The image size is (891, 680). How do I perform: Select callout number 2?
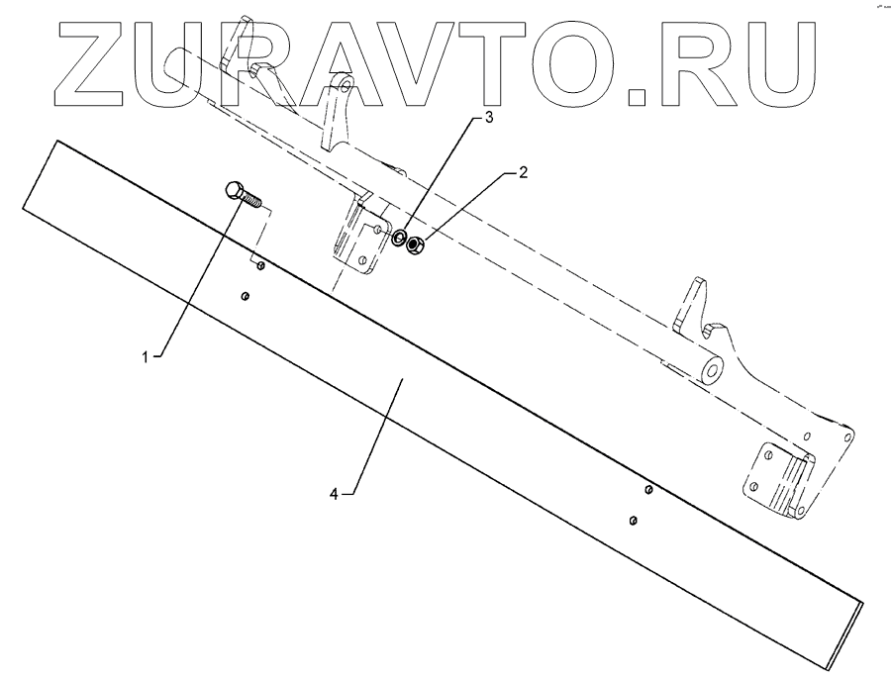[523, 171]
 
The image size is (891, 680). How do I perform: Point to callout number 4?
[337, 494]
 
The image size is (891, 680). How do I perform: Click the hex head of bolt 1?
[236, 191]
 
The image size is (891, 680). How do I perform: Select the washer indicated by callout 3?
[398, 240]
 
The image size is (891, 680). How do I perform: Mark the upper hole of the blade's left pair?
[259, 265]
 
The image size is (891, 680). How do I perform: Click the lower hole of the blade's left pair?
[245, 295]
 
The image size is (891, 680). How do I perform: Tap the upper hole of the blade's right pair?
[647, 489]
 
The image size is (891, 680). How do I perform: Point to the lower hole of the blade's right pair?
[633, 519]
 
